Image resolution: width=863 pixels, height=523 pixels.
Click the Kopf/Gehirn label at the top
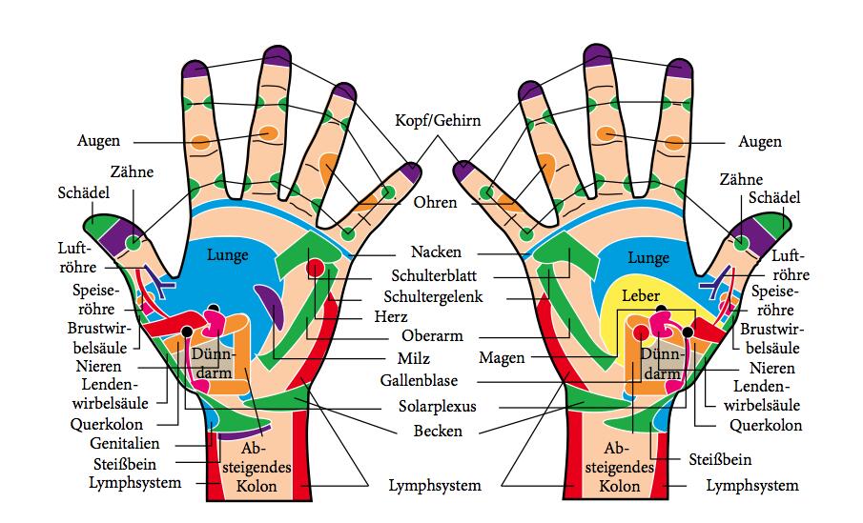438,121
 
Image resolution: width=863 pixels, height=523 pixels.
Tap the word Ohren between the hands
435,203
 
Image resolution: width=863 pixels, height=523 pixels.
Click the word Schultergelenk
434,296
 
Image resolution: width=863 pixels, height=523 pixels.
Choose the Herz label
391,317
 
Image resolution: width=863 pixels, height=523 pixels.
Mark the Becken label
440,431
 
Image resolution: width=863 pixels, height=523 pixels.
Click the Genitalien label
125,444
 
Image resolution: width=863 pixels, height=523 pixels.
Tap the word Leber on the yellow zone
641,296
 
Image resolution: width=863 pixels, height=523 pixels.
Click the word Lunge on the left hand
227,255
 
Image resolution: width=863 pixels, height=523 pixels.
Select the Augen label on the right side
760,142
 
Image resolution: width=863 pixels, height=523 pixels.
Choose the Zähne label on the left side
132,173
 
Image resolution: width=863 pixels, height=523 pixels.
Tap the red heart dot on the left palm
315,270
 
